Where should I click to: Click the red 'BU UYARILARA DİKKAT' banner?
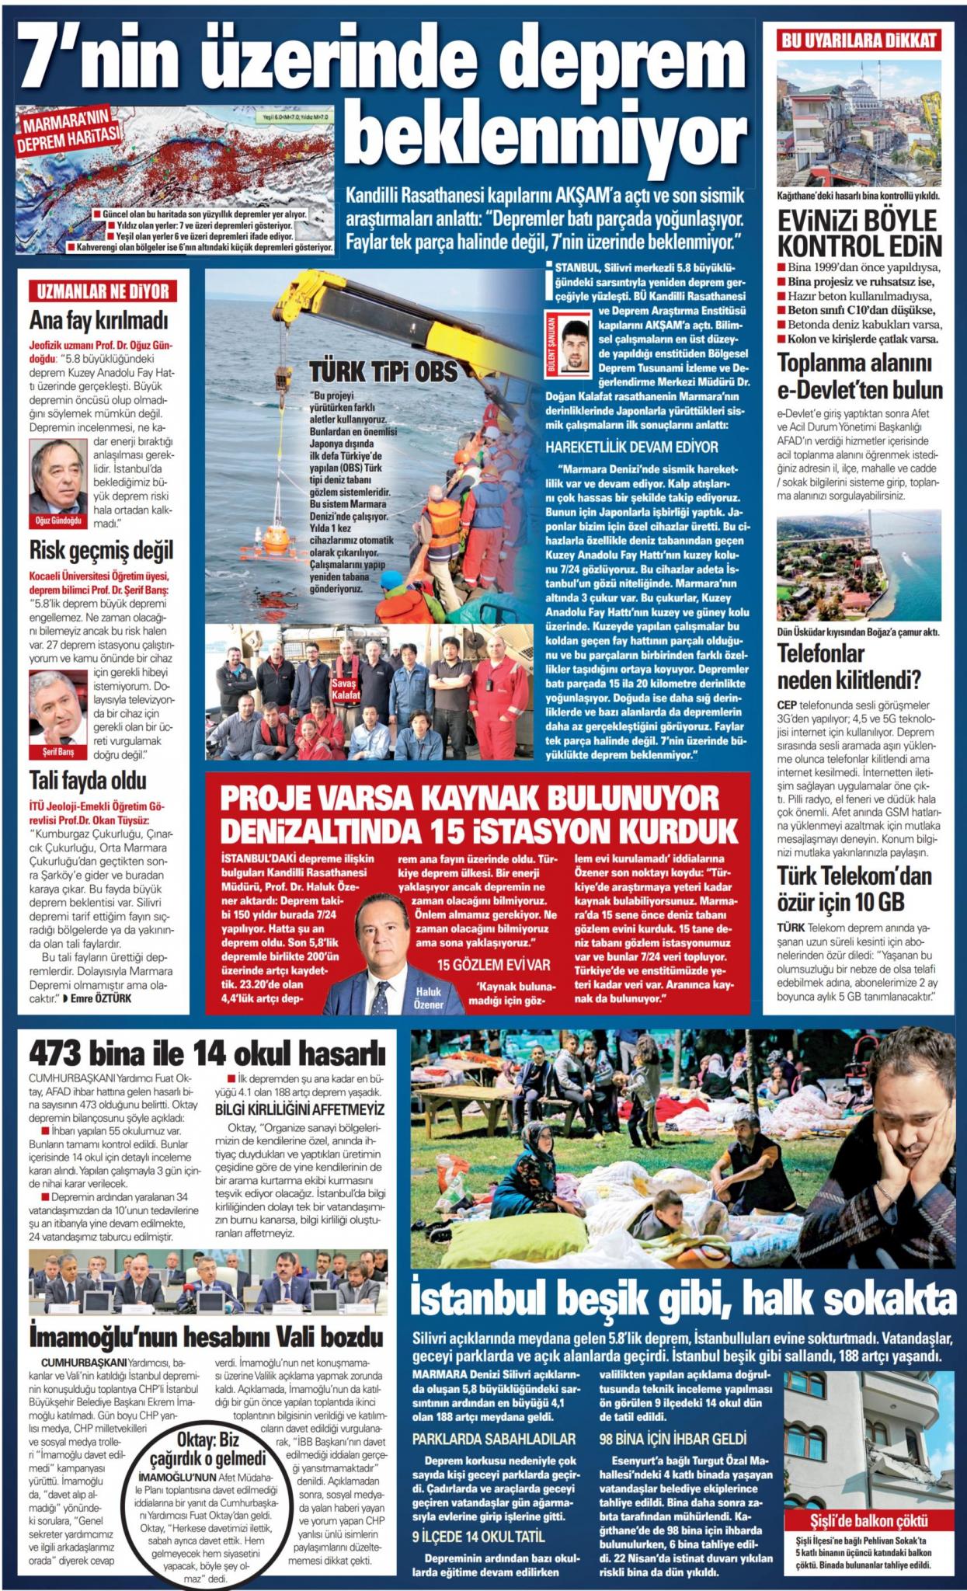(x=859, y=40)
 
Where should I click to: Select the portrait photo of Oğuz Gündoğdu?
(x=59, y=477)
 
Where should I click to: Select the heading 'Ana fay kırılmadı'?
(x=99, y=320)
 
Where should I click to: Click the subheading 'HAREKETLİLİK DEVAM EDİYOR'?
(x=631, y=447)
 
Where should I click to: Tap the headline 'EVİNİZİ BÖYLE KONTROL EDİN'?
(x=859, y=232)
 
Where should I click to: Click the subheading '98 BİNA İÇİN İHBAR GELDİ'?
(x=673, y=1439)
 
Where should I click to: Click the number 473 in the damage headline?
(x=65, y=1054)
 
